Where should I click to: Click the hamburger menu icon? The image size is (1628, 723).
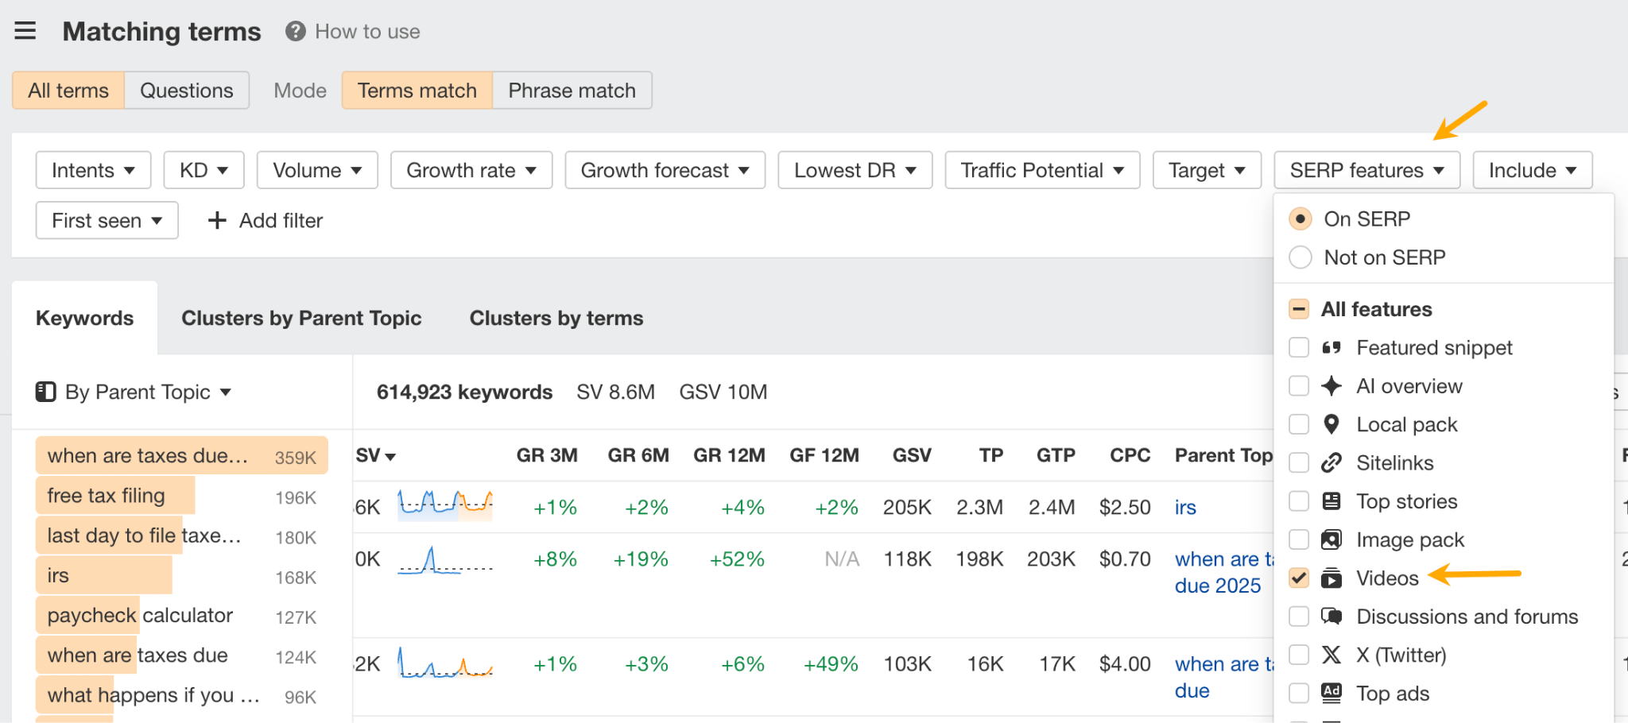point(25,31)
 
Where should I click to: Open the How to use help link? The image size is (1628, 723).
point(353,32)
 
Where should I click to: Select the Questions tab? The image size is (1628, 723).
point(186,91)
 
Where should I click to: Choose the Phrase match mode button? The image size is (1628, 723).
point(572,91)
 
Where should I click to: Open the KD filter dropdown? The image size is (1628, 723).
point(203,171)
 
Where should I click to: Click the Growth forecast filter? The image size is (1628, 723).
point(665,171)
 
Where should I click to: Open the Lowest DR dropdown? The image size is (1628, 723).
point(855,171)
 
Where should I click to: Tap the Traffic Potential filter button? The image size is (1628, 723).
point(1041,171)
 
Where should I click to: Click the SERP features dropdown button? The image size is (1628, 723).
point(1366,171)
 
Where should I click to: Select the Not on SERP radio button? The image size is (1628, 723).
point(1300,257)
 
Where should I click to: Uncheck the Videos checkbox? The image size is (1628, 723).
point(1299,578)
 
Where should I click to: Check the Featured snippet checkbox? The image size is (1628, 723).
point(1299,348)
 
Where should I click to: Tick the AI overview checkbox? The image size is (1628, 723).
point(1299,386)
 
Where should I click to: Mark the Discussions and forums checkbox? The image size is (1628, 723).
point(1299,617)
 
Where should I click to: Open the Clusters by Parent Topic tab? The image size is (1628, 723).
point(301,319)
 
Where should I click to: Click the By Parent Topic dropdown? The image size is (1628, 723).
point(134,392)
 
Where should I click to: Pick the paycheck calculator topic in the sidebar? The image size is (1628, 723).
point(140,616)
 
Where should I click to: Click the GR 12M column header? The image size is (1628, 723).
point(728,456)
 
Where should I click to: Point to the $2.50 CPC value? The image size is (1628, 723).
point(1124,508)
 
